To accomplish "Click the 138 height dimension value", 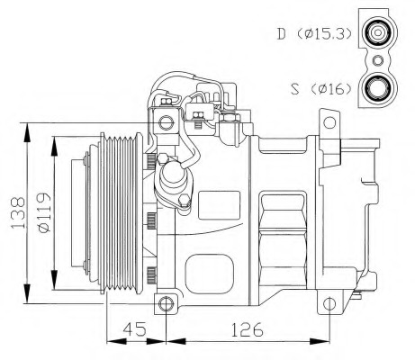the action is coord(18,212).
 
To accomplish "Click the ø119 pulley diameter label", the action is coord(44,212).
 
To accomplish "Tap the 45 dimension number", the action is coord(135,329).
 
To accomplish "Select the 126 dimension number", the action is coord(247,329).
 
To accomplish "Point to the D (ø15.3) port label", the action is coord(314,33).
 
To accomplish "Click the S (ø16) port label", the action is coord(320,88).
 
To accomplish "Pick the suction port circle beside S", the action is coord(378,88).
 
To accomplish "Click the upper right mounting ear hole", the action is coord(329,122).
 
